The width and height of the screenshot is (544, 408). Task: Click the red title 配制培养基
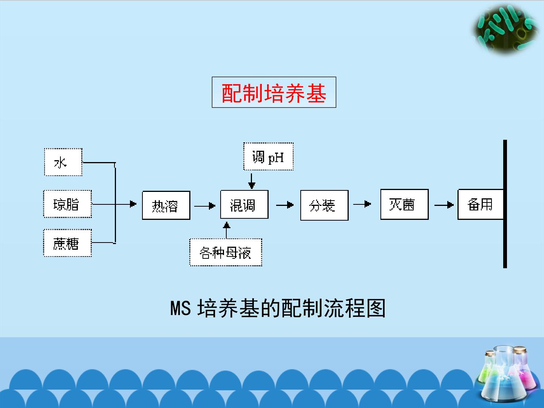tap(274, 93)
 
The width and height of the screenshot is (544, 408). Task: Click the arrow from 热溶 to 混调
tap(205, 206)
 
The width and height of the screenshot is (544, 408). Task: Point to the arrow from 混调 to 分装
tap(285, 205)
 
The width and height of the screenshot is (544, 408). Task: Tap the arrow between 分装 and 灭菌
tap(362, 204)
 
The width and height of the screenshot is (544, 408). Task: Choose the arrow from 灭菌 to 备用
tap(444, 205)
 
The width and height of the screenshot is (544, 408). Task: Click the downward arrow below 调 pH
tap(252, 181)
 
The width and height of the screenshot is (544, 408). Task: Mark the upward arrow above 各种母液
tap(227, 230)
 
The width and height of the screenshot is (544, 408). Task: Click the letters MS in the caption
tap(181, 308)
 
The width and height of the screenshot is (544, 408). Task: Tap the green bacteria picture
tap(505, 29)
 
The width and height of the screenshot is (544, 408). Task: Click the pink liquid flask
tap(523, 369)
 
